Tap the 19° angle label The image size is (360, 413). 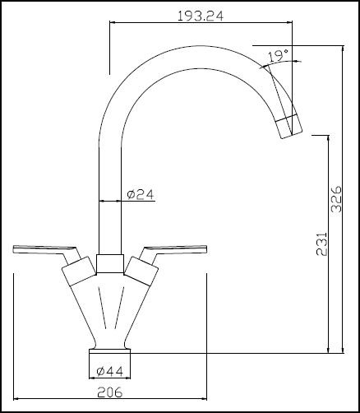coord(278,56)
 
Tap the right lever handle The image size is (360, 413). coord(178,248)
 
